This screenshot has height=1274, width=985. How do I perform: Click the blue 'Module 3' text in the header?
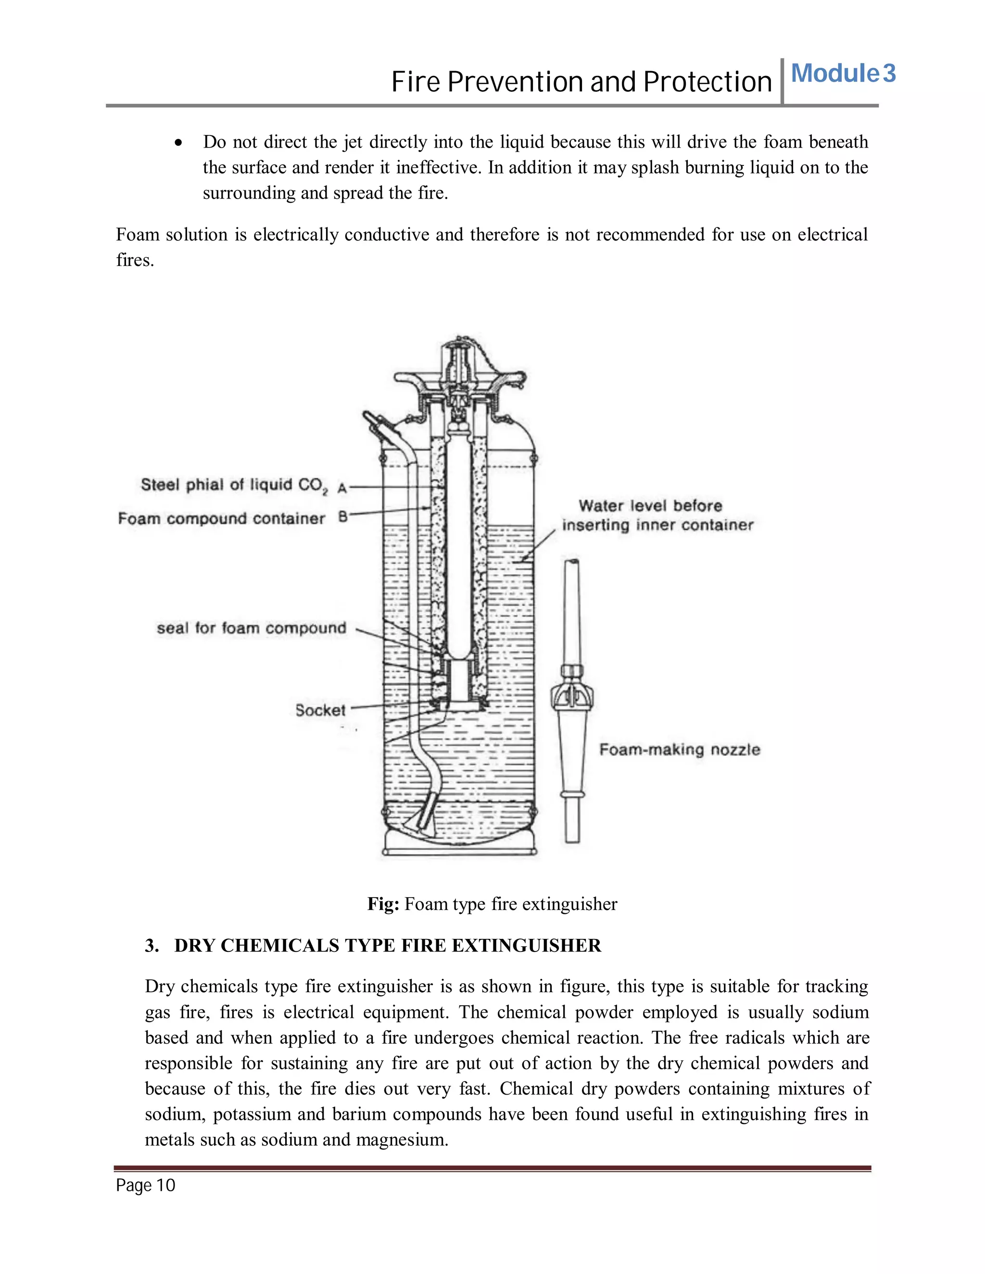[x=843, y=74]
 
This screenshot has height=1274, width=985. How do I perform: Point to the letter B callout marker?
[x=342, y=517]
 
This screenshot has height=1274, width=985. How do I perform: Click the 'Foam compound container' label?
[x=221, y=519]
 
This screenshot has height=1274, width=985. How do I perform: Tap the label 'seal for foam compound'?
[x=251, y=628]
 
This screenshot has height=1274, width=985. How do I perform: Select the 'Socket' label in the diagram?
[x=320, y=711]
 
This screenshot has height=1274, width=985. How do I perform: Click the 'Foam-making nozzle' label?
[x=679, y=749]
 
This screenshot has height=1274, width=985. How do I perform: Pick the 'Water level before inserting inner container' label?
[x=657, y=516]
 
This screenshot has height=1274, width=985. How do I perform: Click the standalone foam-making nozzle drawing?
[x=572, y=700]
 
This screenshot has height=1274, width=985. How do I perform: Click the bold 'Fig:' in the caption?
[x=383, y=904]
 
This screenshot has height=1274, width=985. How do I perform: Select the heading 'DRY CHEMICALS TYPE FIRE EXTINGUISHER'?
[x=388, y=946]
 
